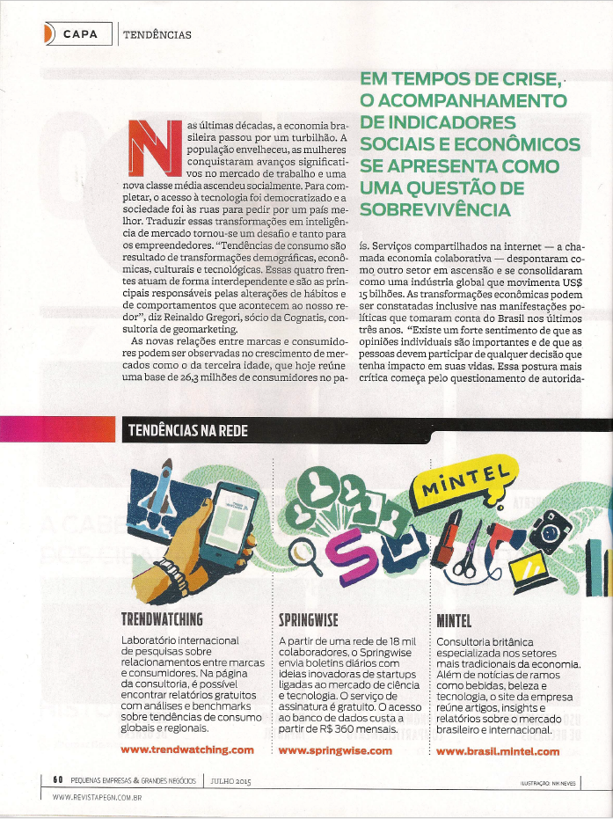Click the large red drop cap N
pos(150,146)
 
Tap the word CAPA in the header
pos(80,34)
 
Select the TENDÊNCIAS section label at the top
pos(157,35)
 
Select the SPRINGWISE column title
pos(308,618)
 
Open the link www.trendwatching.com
pos(186,750)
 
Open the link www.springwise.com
pos(335,750)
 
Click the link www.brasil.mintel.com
pos(498,750)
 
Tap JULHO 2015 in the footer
pos(230,780)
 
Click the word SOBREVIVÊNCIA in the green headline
pos(434,210)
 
